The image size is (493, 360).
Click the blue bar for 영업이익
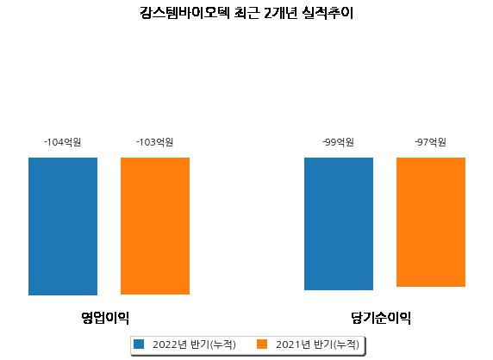[63, 227]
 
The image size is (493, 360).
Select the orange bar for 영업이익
[155, 226]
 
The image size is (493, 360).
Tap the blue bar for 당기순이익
[339, 224]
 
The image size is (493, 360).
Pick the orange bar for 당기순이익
[431, 222]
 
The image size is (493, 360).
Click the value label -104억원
[63, 142]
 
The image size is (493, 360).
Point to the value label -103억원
[155, 142]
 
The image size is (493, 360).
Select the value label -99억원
[339, 142]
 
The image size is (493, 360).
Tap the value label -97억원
[431, 142]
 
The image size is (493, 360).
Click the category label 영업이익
[105, 318]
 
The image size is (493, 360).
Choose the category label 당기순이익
[381, 318]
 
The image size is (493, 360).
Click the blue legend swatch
[139, 344]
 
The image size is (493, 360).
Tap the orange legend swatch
[262, 344]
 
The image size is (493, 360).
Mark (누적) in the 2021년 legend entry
[346, 344]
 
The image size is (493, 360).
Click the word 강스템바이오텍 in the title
[184, 13]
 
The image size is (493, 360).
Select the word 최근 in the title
[246, 13]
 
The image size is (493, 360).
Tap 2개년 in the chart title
[280, 13]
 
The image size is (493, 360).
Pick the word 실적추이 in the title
[328, 13]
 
